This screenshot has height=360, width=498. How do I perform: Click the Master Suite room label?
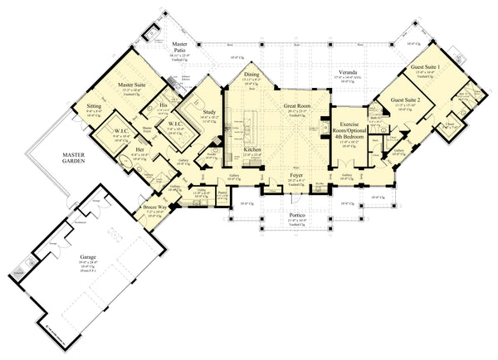(132, 85)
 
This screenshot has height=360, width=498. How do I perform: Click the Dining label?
(251, 75)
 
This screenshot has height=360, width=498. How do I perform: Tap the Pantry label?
(223, 191)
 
